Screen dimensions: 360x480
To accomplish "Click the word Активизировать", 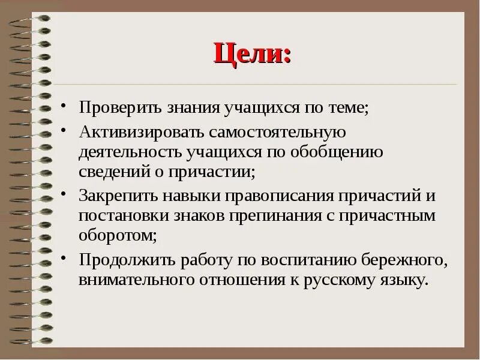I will tap(133, 131).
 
